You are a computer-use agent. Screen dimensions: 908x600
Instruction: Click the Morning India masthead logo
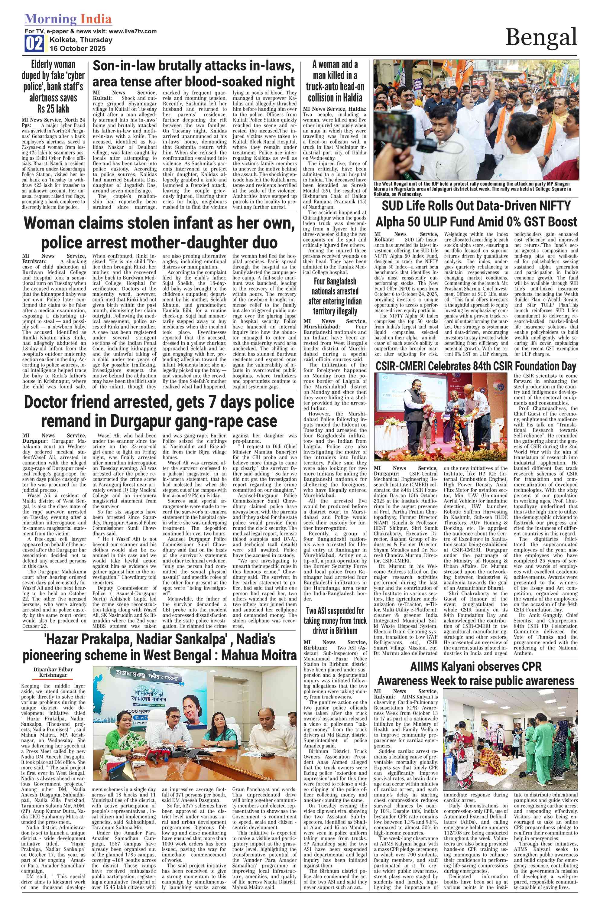(x=68, y=19)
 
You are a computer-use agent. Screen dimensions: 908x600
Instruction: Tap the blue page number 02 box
(x=34, y=43)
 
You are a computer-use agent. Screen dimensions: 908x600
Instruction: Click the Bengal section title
(x=541, y=37)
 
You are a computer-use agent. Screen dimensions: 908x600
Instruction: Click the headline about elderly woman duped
(x=53, y=86)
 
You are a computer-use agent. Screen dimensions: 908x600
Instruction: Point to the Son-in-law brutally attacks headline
(x=194, y=73)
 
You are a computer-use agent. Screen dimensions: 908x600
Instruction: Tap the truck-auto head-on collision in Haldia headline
(x=335, y=81)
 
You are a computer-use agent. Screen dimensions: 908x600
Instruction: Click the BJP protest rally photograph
(x=476, y=119)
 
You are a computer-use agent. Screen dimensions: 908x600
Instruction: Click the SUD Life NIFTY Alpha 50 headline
(x=476, y=214)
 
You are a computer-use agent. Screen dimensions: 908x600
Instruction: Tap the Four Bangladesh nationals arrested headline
(x=335, y=296)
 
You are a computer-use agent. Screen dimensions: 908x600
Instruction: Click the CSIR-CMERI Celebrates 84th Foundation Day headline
(x=476, y=366)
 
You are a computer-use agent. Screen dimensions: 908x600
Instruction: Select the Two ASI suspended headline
(x=335, y=620)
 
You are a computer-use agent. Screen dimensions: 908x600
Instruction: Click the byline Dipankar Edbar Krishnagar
(x=53, y=672)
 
